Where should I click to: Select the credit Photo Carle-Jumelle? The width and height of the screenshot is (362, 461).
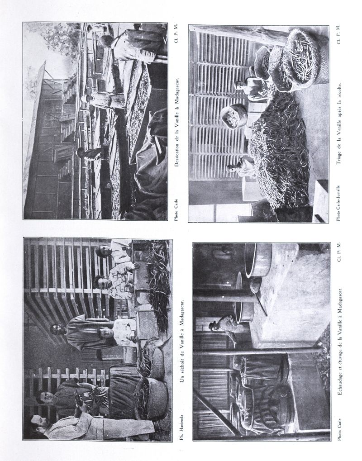point(338,203)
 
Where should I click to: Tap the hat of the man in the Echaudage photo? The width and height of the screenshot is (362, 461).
point(213,325)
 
